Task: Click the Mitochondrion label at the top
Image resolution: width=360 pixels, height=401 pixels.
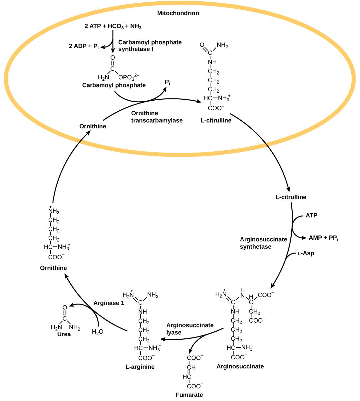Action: coord(178,13)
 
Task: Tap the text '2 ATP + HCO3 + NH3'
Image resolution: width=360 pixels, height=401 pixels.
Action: coord(113,26)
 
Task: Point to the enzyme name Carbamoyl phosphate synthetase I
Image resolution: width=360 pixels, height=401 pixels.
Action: coord(150,45)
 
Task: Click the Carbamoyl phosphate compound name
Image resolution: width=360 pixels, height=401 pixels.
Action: coord(114,85)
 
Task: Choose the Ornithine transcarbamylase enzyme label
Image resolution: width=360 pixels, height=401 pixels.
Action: coord(157,117)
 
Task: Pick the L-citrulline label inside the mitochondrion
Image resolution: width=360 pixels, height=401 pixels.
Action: coord(216,121)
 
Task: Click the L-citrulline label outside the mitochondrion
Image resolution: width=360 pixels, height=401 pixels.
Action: coord(291,197)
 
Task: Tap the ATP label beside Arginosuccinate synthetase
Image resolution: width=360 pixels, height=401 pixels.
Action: coord(311,215)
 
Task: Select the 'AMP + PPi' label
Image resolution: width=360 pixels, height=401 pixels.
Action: coord(323,238)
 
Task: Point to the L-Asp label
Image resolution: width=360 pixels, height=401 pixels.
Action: coord(306,254)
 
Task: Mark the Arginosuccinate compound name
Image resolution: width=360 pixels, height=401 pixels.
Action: coord(240,366)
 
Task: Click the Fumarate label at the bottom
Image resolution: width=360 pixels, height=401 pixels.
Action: coord(189,395)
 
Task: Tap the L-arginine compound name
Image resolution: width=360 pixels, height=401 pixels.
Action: coord(140,366)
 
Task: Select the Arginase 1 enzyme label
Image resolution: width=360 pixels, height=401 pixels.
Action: coord(109,303)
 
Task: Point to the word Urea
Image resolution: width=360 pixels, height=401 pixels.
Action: coord(64,334)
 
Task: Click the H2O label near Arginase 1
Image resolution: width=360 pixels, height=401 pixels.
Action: coord(97,332)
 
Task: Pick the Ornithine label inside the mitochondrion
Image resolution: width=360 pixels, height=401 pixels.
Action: coord(92,126)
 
